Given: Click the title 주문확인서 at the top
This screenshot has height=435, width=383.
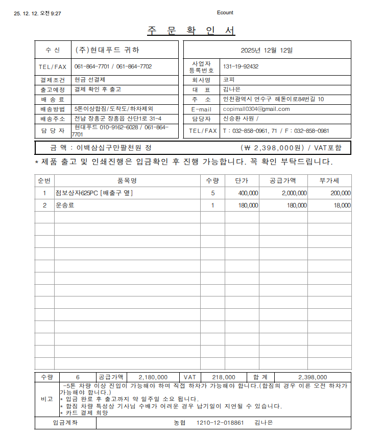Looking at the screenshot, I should pos(192,30).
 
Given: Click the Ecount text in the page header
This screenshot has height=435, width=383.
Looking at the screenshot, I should pos(225,13).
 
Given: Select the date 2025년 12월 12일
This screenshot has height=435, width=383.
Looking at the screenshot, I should pos(267,50).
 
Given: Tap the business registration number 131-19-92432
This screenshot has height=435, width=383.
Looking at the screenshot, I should pos(241,66).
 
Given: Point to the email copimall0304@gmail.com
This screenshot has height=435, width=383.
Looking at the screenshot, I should pos(256,109).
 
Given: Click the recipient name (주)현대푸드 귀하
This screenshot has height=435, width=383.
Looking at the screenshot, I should pos(107,50).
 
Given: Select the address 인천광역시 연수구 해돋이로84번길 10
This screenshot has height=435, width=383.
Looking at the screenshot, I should pos(274,99).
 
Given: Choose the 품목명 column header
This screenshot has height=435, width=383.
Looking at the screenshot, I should pos(127,181).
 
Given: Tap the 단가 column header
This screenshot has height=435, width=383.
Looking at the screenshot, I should pos(242,181).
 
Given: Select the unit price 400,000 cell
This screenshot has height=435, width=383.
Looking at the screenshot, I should pos(248,193).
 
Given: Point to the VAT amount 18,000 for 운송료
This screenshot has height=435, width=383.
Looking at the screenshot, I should pos(342,205).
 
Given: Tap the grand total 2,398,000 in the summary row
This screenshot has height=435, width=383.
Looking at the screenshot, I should pos(313,378).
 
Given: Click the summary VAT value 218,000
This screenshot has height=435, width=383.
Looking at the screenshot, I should pos(223,378).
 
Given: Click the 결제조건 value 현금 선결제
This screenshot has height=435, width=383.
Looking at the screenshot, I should pos(90,80).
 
